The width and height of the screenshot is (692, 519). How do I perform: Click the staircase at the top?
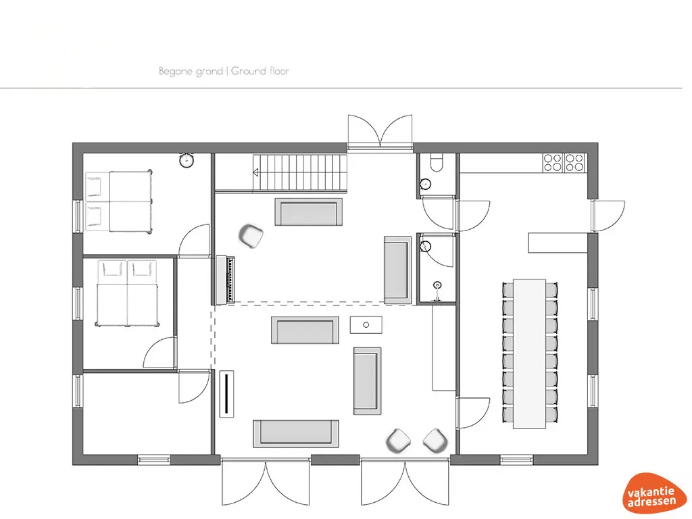click(300, 172)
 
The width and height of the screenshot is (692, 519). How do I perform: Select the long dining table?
click(530, 353)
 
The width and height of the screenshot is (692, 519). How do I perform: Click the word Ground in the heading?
click(247, 71)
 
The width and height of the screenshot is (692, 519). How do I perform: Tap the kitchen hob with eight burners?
click(564, 162)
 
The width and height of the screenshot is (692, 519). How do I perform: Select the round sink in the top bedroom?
click(187, 160)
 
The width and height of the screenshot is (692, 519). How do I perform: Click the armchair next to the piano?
click(251, 236)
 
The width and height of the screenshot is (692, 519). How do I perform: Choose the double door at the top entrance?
click(380, 131)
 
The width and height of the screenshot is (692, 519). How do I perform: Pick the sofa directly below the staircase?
click(308, 212)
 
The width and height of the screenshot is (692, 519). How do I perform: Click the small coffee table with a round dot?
click(366, 324)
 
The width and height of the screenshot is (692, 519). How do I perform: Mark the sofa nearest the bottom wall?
click(295, 432)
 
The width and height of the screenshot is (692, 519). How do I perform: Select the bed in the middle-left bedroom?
click(127, 293)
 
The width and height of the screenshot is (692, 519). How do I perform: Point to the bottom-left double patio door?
click(266, 483)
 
